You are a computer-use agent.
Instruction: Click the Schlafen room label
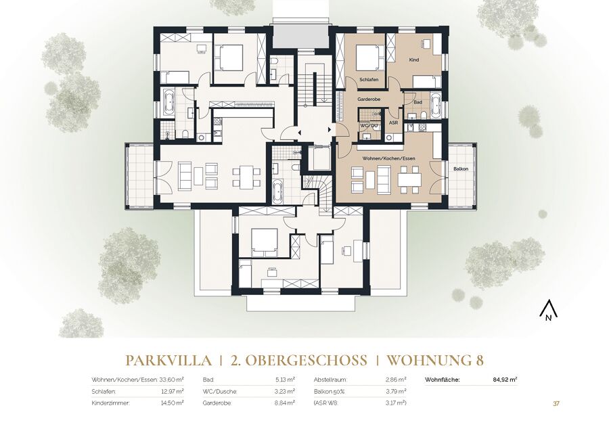369,79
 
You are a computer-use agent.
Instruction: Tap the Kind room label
414,60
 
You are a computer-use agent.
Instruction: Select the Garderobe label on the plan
369,99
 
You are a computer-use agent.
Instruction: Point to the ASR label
393,122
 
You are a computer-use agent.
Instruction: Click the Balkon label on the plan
461,169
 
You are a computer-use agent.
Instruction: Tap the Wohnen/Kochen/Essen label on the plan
388,158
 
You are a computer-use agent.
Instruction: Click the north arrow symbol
548,311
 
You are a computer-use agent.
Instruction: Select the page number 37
556,403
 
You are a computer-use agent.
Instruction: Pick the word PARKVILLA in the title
169,361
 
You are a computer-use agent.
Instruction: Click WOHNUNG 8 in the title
435,361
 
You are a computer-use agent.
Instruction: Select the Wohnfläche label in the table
443,380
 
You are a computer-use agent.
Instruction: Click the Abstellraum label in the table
330,380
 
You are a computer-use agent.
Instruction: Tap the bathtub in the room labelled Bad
436,105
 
